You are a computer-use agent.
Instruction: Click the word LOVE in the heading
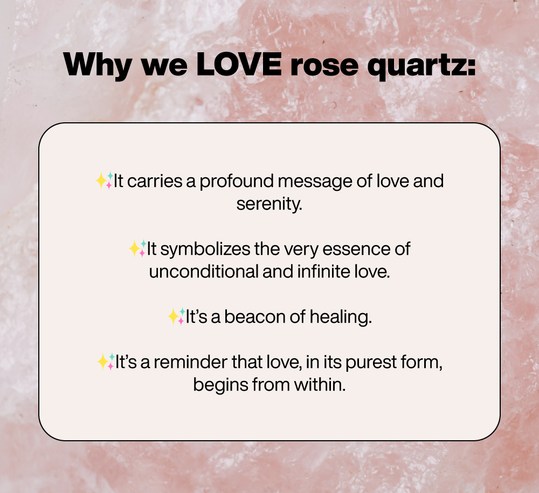pyautogui.click(x=239, y=65)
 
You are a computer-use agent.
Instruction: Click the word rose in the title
pyautogui.click(x=324, y=66)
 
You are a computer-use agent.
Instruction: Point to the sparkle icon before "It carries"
pyautogui.click(x=104, y=180)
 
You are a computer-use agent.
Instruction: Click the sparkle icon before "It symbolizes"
pyautogui.click(x=137, y=248)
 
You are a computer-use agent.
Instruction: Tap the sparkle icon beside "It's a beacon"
pyautogui.click(x=176, y=316)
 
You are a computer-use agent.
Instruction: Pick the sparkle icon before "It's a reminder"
pyautogui.click(x=106, y=362)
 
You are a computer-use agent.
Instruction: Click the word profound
pyautogui.click(x=237, y=182)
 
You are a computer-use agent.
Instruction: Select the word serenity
pyautogui.click(x=269, y=204)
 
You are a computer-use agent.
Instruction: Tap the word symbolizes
pyautogui.click(x=205, y=250)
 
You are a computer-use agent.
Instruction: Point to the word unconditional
pyautogui.click(x=204, y=272)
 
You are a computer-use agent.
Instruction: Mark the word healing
pyautogui.click(x=341, y=317)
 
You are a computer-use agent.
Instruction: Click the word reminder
pyautogui.click(x=190, y=362)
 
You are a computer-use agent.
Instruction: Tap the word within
pyautogui.click(x=320, y=385)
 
